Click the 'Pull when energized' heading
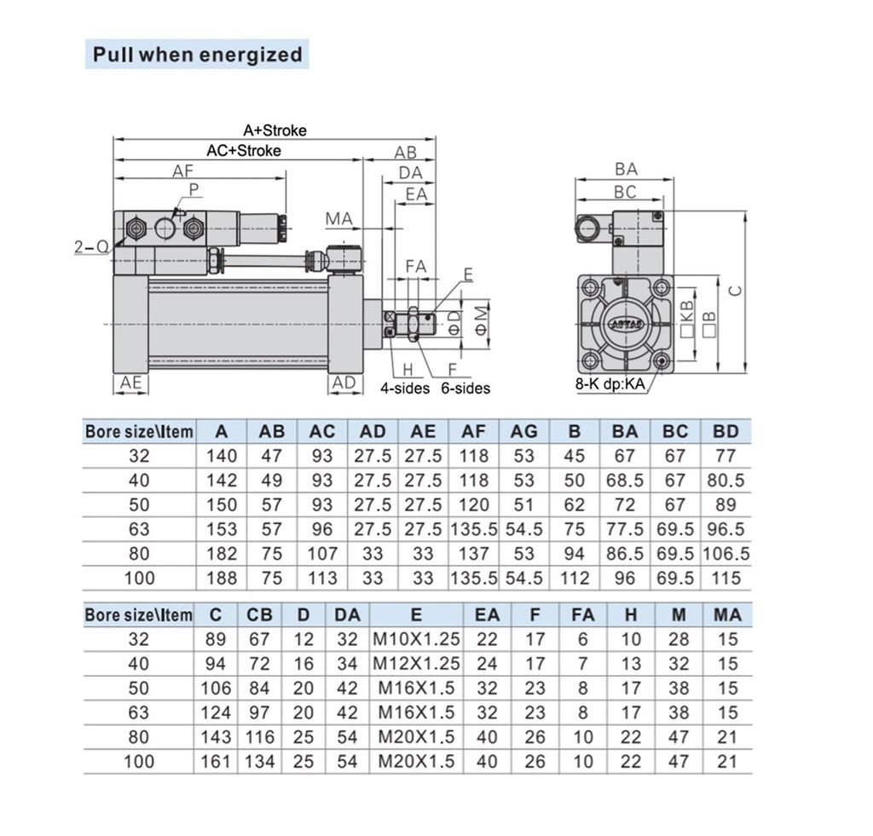(x=197, y=55)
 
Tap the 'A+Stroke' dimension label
(x=275, y=130)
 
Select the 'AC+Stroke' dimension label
(x=244, y=150)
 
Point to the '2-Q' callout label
(x=91, y=246)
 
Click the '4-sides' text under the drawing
(x=405, y=388)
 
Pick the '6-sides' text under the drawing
(x=465, y=388)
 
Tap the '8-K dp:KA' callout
(x=610, y=384)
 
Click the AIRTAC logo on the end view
(x=627, y=324)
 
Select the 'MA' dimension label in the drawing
(x=339, y=219)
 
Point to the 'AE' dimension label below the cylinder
(x=130, y=383)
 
